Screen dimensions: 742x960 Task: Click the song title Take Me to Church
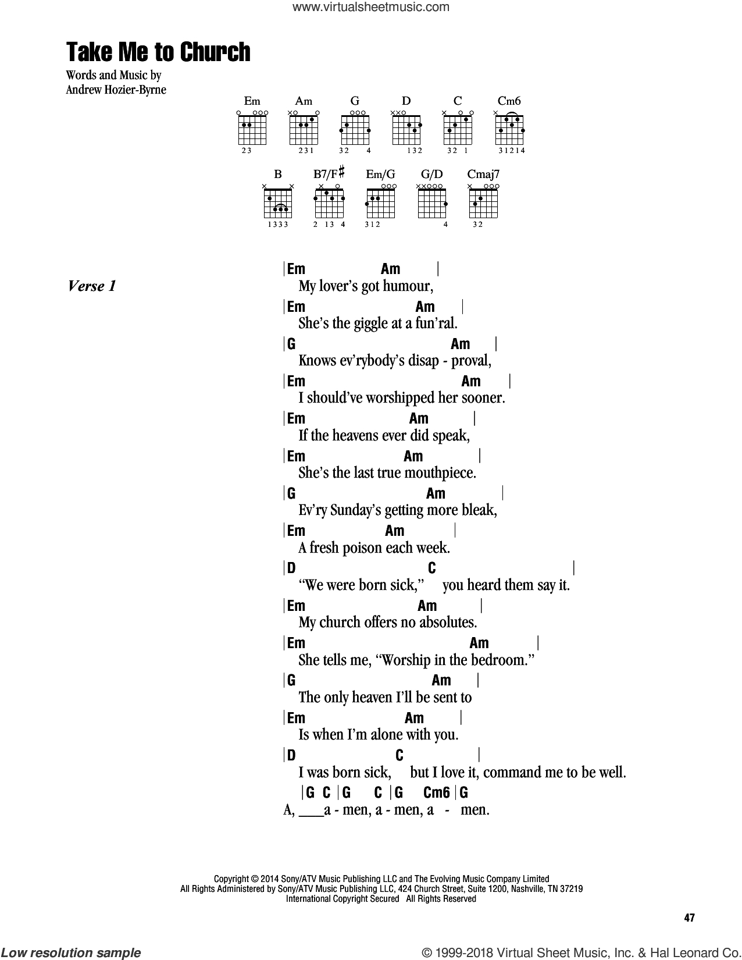pos(158,52)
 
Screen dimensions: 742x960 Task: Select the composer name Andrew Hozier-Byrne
pos(116,90)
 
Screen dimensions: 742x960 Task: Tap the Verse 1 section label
pos(92,286)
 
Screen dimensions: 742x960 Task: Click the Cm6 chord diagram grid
pos(509,130)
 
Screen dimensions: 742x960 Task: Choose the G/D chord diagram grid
pos(432,203)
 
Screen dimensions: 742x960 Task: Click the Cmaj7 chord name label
pos(483,174)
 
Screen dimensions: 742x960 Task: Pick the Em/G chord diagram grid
pos(380,203)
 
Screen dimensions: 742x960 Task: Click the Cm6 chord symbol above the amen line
pos(436,792)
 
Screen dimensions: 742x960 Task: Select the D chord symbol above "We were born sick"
pos(291,568)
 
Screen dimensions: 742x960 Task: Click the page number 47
pos(690,918)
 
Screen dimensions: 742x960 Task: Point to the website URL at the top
pos(371,7)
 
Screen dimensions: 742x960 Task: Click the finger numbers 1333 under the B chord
pos(277,225)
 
